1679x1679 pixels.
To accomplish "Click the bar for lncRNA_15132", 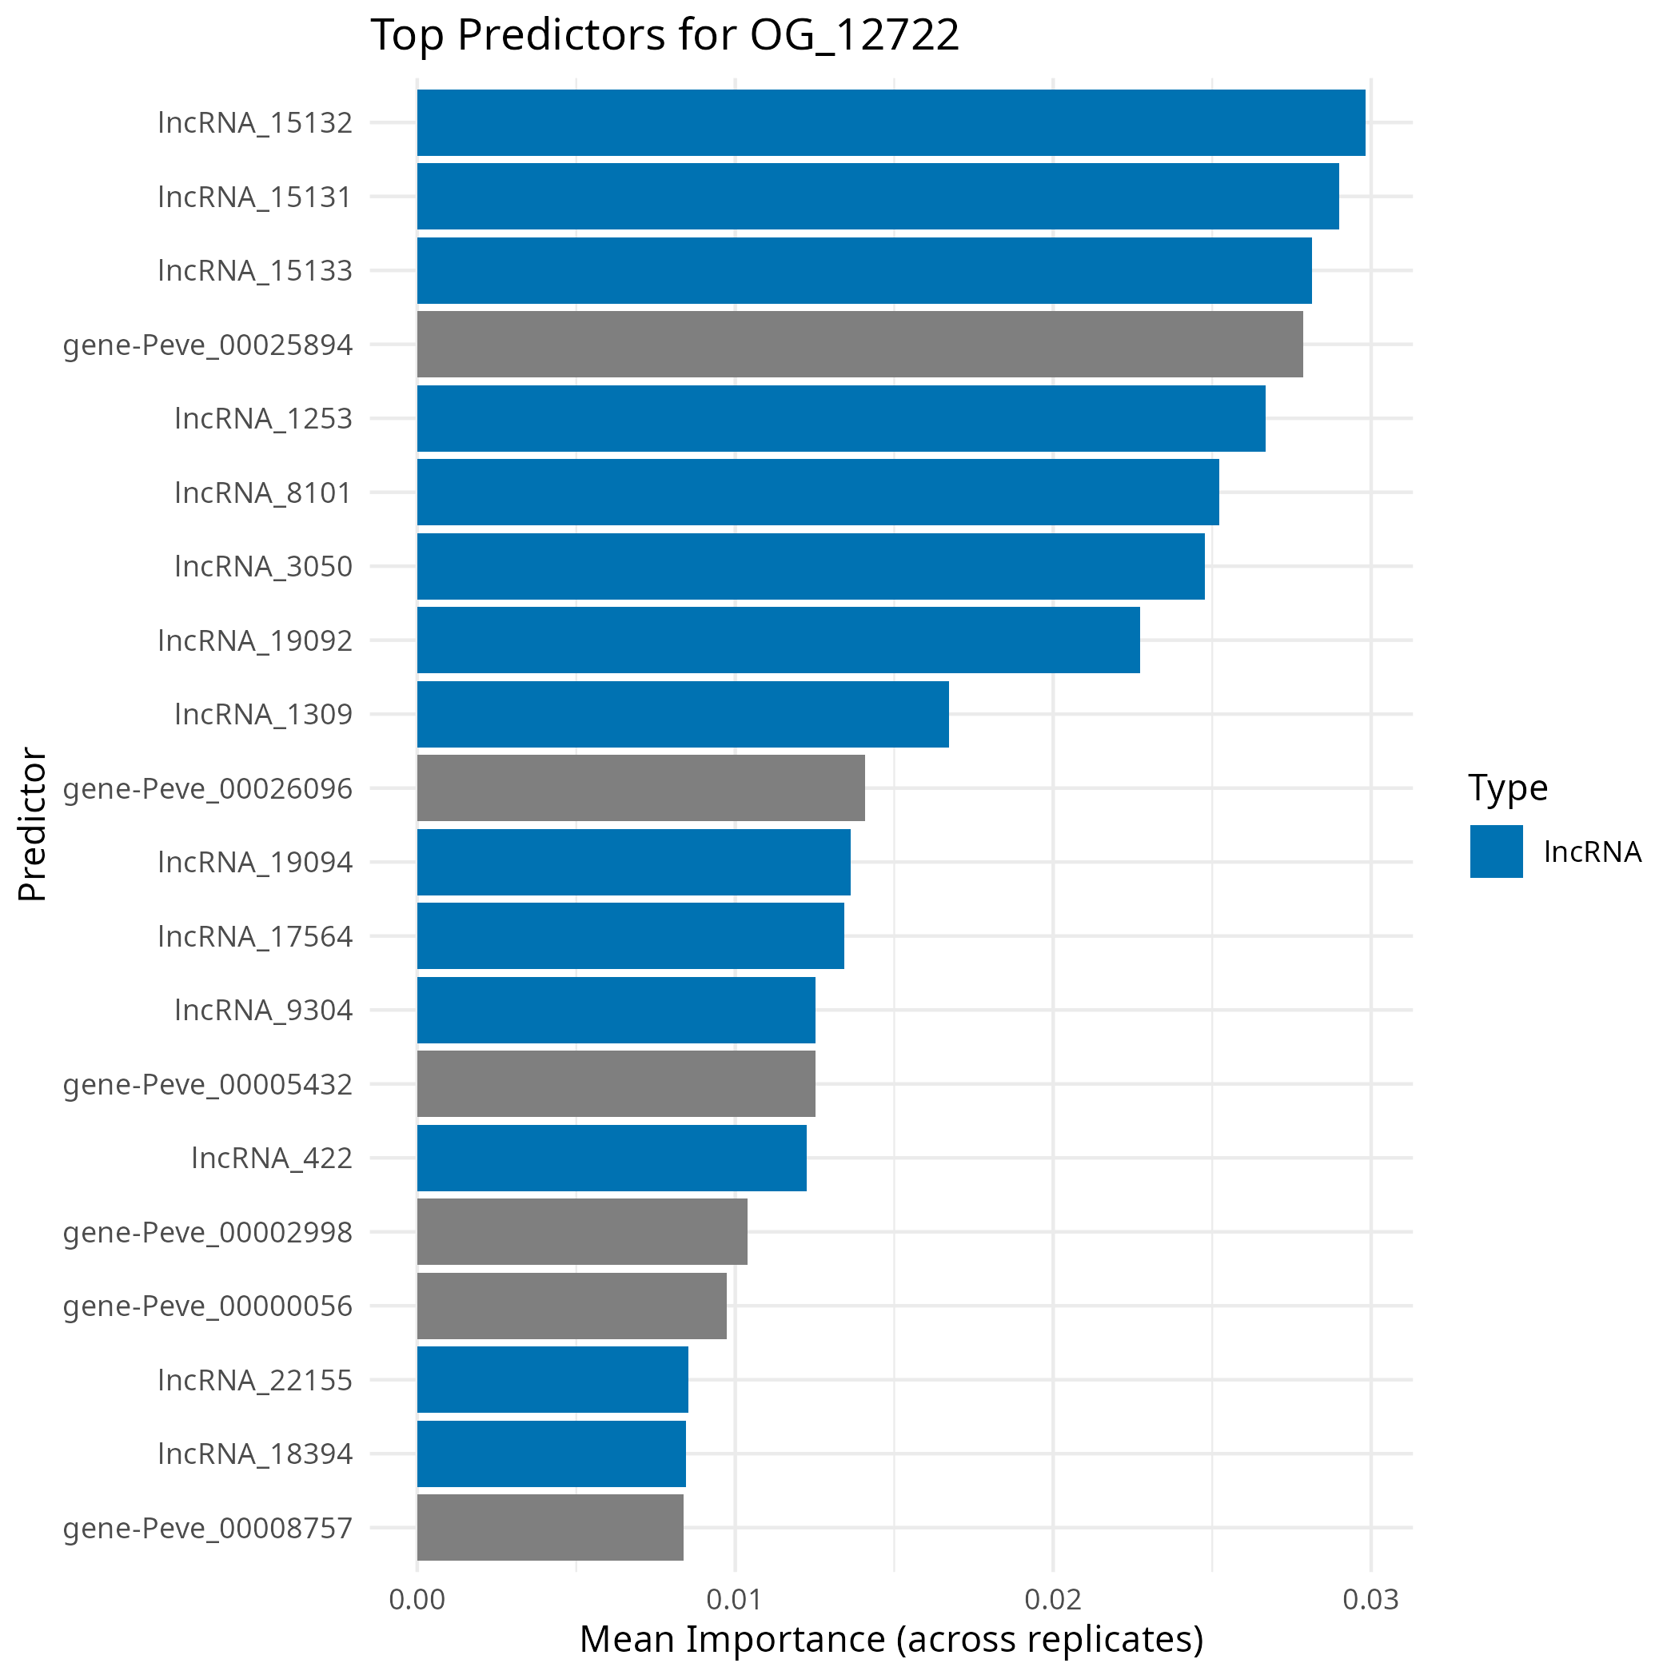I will pyautogui.click(x=891, y=122).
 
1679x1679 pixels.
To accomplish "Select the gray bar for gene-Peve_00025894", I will pyautogui.click(x=859, y=344).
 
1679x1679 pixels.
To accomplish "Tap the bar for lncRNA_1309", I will pyautogui.click(x=682, y=714).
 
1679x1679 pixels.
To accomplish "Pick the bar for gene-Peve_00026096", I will pyautogui.click(x=640, y=788).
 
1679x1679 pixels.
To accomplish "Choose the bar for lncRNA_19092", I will pyautogui.click(x=778, y=640).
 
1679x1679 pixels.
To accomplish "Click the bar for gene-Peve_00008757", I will pyautogui.click(x=550, y=1528).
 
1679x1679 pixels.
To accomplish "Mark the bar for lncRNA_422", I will pyautogui.click(x=611, y=1159).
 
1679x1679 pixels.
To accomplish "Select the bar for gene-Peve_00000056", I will pyautogui.click(x=571, y=1306).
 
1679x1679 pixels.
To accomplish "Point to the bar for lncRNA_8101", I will pyautogui.click(x=818, y=492).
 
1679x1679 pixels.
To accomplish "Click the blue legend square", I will pyautogui.click(x=1497, y=851).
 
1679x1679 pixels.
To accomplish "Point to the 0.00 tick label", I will pyautogui.click(x=417, y=1600).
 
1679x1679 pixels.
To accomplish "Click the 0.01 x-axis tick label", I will pyautogui.click(x=734, y=1600).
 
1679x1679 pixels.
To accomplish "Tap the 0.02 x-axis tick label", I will pyautogui.click(x=1052, y=1600).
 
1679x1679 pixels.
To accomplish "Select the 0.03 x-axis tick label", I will pyautogui.click(x=1370, y=1600).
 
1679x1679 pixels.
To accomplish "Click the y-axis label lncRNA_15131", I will pyautogui.click(x=254, y=197).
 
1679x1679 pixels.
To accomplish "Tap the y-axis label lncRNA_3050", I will pyautogui.click(x=263, y=567).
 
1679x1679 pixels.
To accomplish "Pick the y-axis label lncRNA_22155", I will pyautogui.click(x=254, y=1380).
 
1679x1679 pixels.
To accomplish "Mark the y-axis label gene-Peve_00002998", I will pyautogui.click(x=208, y=1232).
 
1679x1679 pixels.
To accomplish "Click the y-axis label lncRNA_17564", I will pyautogui.click(x=254, y=937).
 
